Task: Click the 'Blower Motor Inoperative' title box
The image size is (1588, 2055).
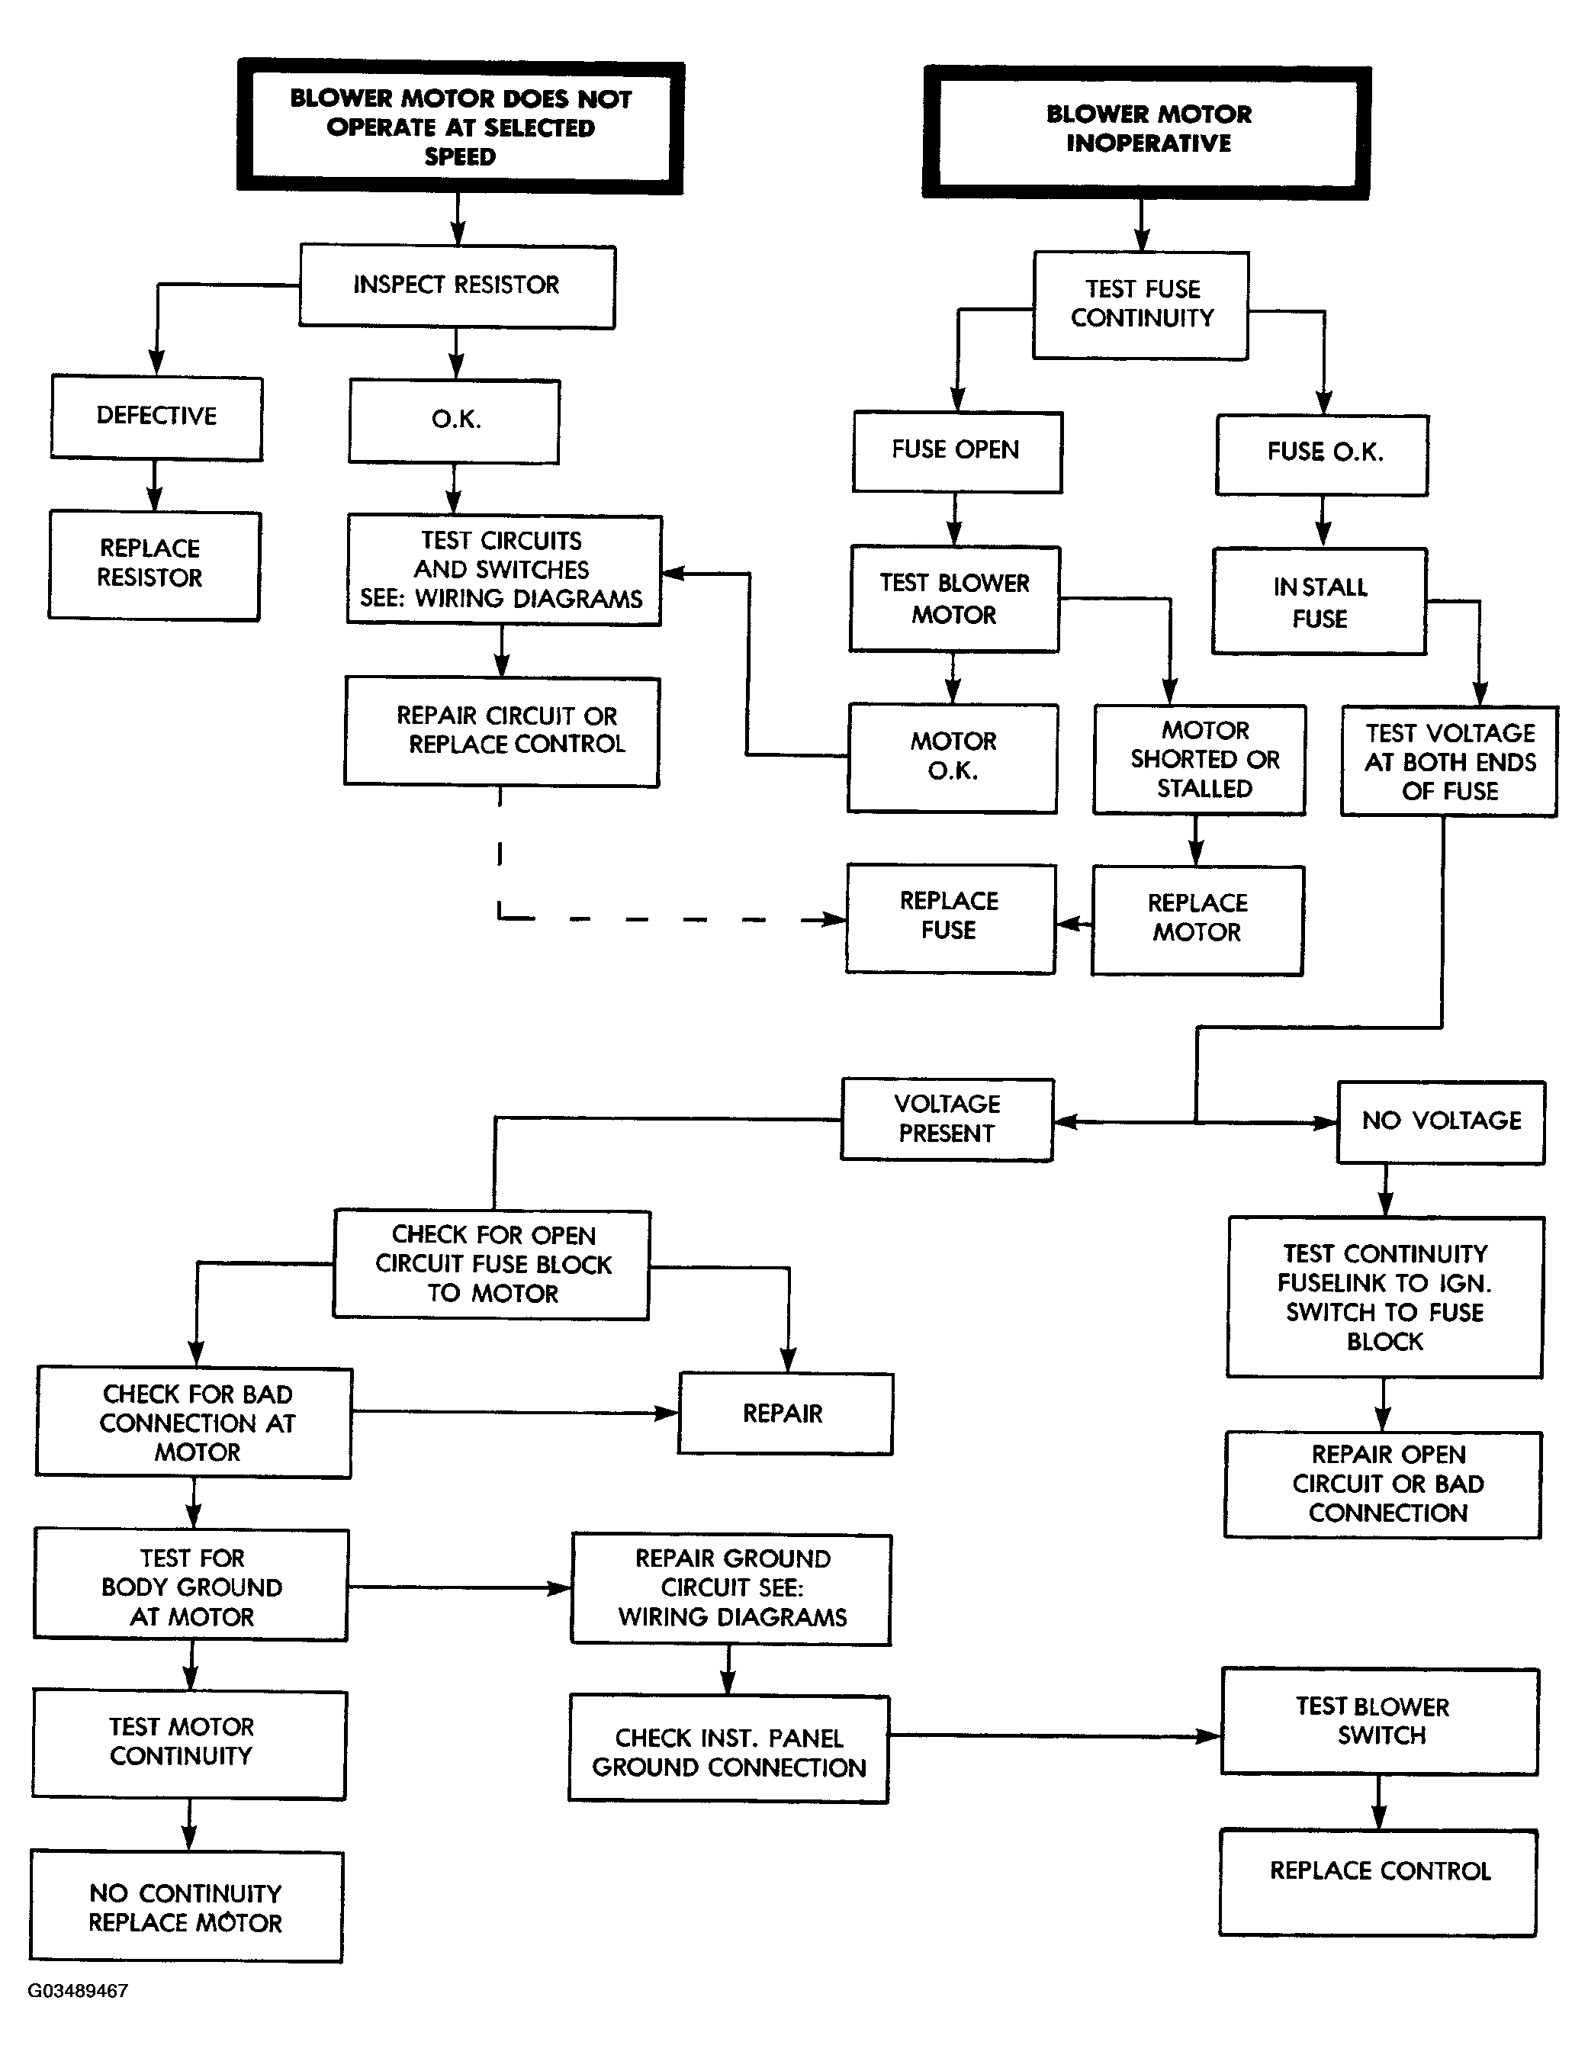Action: [1147, 132]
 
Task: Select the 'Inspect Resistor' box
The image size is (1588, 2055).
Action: [457, 286]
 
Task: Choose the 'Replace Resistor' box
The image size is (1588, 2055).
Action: [154, 564]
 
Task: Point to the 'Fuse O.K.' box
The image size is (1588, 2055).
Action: [1322, 455]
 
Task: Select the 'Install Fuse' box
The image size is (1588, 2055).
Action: [1320, 601]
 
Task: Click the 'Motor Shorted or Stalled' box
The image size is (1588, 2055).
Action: [1200, 759]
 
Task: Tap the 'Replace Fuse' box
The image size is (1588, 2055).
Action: [950, 918]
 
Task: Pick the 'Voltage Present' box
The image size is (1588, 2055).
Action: [947, 1120]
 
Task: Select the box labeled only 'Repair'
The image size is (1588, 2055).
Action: [786, 1413]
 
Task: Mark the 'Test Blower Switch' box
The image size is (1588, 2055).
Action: [1380, 1721]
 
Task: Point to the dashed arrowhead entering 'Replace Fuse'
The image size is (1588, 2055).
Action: [834, 919]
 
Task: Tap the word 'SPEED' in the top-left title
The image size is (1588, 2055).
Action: [460, 156]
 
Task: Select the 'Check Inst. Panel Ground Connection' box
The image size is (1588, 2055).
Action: [729, 1749]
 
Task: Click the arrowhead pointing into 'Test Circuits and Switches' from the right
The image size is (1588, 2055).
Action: [674, 573]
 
